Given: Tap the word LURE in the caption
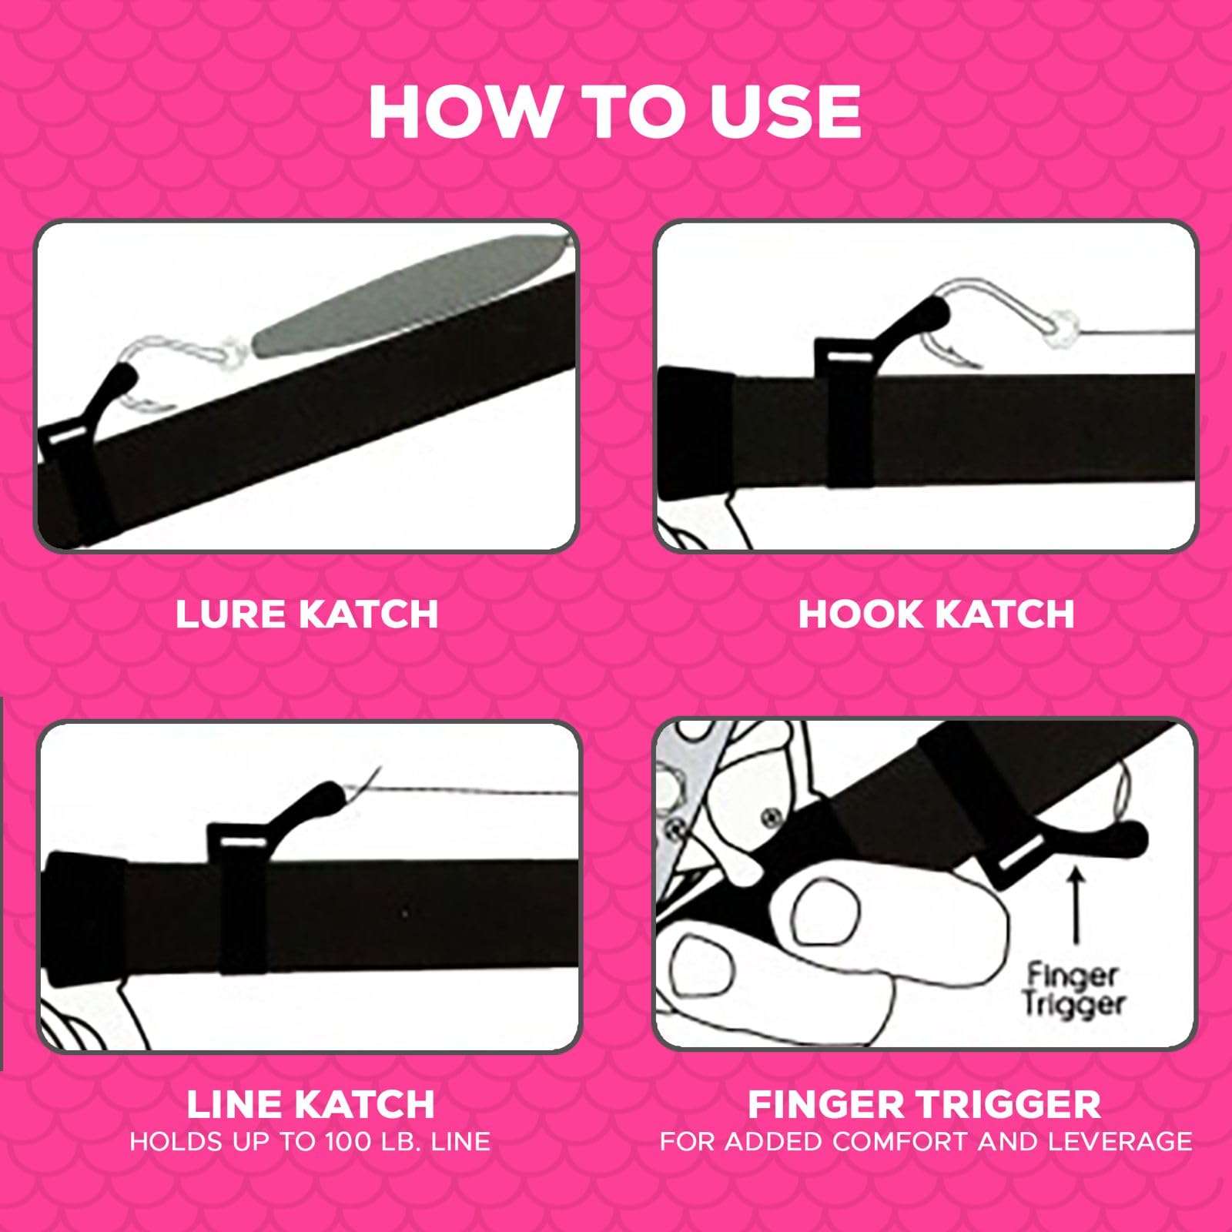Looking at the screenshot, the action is pyautogui.click(x=229, y=614).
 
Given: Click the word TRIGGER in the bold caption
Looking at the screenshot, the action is pyautogui.click(x=1006, y=1104).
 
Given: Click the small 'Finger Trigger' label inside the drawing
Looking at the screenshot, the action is pyautogui.click(x=1075, y=990).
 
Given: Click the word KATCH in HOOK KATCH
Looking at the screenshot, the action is pyautogui.click(x=1005, y=614).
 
